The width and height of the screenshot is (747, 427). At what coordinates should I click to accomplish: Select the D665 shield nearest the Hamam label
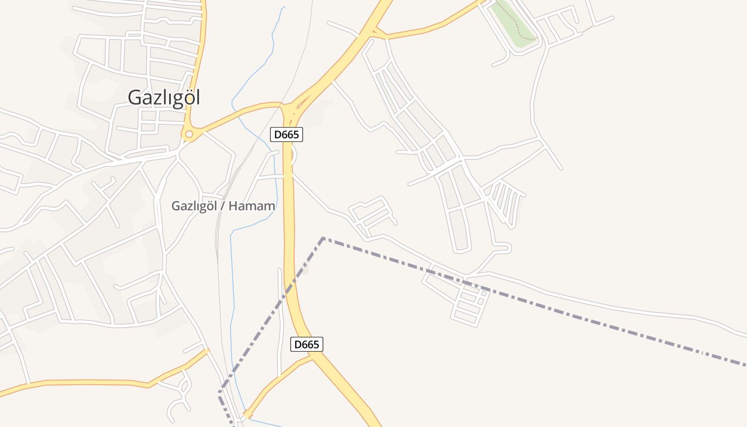(x=287, y=135)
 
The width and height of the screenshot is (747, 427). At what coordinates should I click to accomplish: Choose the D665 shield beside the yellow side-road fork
(x=306, y=344)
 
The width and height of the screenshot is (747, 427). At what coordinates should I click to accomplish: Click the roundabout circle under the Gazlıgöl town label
(x=188, y=135)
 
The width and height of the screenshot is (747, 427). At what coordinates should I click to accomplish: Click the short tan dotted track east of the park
(x=587, y=28)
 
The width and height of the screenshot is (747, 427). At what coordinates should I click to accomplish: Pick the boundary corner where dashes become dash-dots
(x=323, y=238)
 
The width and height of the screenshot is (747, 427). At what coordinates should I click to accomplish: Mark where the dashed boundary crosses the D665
(x=291, y=288)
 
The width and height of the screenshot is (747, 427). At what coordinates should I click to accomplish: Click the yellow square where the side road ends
(x=247, y=414)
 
